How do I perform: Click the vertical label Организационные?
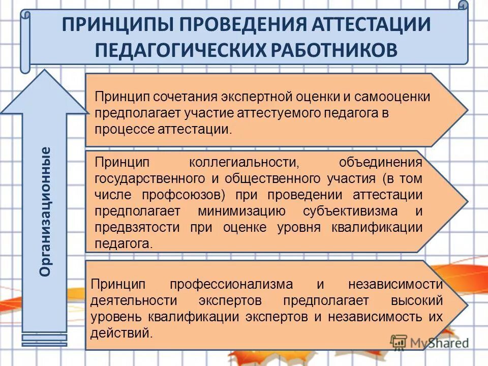click(x=46, y=211)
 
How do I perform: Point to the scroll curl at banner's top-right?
click(x=462, y=7)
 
